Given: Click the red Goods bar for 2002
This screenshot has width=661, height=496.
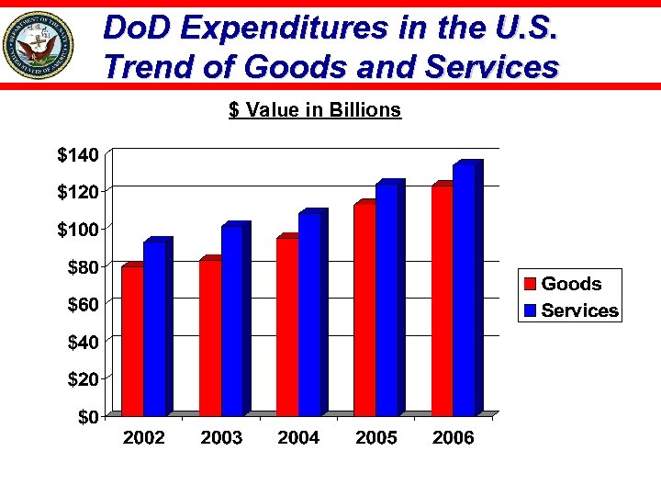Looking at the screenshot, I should tap(132, 340).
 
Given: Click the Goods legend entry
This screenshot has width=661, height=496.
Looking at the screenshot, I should tap(570, 284).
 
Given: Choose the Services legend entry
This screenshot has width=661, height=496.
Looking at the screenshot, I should tap(579, 310).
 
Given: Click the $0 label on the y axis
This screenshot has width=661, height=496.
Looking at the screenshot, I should tap(86, 417).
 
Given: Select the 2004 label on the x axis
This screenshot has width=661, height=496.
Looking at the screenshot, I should tap(298, 438).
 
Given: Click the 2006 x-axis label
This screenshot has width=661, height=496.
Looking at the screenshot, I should tap(453, 438).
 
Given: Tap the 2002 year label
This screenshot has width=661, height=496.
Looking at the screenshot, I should tap(144, 438).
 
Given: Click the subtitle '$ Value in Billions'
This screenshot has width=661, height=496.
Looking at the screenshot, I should tap(315, 110).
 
